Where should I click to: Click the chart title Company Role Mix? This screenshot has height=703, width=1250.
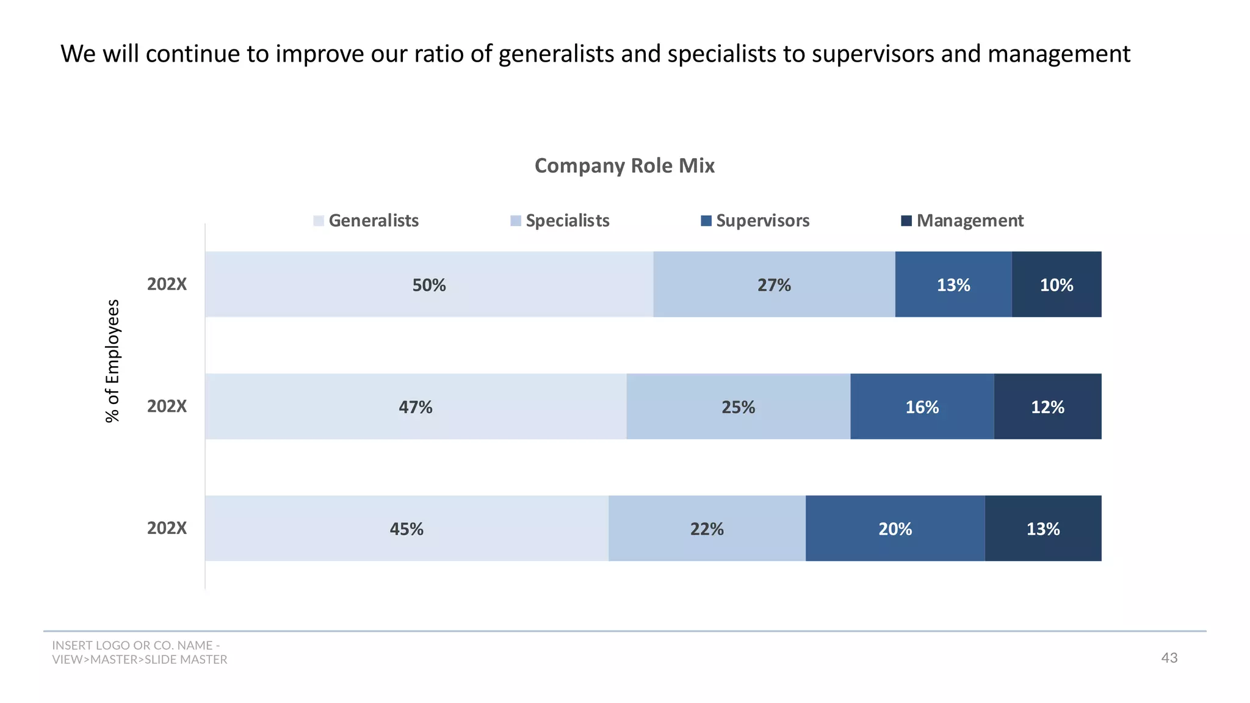[x=624, y=165]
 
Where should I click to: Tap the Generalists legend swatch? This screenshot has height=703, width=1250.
[x=319, y=221]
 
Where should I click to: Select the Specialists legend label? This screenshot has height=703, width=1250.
[x=567, y=220]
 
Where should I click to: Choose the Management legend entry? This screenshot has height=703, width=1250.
[x=963, y=220]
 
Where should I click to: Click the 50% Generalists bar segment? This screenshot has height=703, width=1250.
[x=429, y=284]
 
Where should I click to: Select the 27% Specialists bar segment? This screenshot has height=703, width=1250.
[x=774, y=284]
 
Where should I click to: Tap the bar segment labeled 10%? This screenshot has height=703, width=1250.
[x=1057, y=284]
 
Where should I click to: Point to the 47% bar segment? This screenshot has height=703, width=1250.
[x=416, y=406]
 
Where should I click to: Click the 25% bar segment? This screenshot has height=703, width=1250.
[x=738, y=406]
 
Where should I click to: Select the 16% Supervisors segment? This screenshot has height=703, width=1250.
[x=922, y=406]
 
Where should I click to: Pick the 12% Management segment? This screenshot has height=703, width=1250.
[x=1047, y=406]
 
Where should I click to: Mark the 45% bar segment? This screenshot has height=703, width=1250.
[x=406, y=528]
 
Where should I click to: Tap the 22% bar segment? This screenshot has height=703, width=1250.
[x=707, y=528]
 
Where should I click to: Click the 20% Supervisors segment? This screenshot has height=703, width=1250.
[x=895, y=528]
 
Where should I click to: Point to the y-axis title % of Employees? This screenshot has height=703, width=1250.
[x=113, y=361]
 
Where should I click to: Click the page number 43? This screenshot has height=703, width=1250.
[x=1169, y=658]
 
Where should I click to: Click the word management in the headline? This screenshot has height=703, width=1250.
[x=1058, y=54]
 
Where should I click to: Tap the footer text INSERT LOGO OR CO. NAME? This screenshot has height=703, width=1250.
[x=135, y=646]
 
